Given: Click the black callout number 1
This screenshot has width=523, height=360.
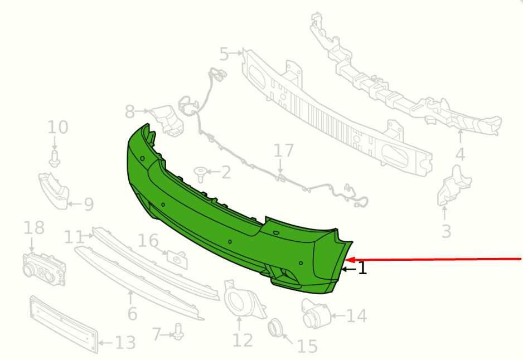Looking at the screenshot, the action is coord(362,268).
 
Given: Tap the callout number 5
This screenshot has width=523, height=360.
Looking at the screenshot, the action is coord(224,53).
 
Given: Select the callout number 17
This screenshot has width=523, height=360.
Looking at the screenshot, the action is coord(283,150).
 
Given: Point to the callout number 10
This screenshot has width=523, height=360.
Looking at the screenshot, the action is coord(57,127).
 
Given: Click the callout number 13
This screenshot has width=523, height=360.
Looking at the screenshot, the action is coord(125,343).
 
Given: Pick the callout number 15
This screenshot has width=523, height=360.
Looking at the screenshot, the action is coord(307,346).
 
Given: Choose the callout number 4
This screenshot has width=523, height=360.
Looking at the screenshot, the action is coord(460,154).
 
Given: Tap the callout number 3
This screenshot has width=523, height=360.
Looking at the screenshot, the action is coord(446,231).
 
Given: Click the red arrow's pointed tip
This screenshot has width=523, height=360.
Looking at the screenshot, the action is coord(347,259).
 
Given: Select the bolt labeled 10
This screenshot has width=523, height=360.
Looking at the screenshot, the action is coord(55,158).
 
